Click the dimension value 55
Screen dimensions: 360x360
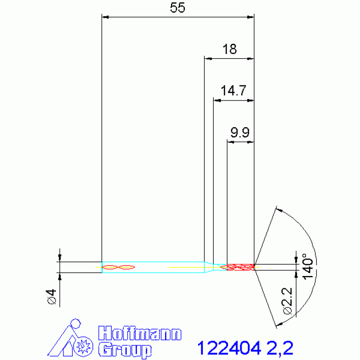point(178,8)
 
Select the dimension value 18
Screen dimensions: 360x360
point(230,49)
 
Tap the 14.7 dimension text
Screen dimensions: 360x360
point(233,91)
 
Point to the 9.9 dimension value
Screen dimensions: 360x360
point(239,133)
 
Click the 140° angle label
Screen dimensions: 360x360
point(307,267)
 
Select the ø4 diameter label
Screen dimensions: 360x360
point(51,297)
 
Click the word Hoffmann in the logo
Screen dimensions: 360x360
point(139,334)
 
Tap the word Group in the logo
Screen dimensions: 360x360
point(125,350)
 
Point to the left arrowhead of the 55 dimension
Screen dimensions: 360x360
point(106,17)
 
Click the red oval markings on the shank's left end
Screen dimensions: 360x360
point(118,267)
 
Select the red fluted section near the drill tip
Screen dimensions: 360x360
point(240,267)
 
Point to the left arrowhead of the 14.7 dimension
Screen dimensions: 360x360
point(216,100)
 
